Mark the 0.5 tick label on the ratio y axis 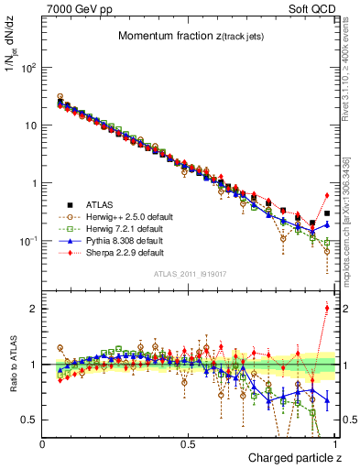[x=30, y=420]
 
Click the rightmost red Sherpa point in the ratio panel [x=327, y=308]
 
